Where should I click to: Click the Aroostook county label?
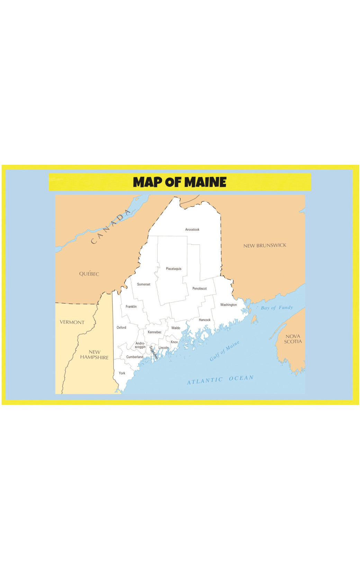192,230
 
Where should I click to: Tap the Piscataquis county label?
173,269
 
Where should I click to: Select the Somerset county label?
144,284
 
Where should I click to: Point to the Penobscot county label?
199,288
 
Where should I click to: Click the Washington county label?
228,305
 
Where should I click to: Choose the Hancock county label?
205,320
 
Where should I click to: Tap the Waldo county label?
175,328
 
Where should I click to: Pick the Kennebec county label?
154,332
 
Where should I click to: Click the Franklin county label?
131,306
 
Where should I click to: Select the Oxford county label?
121,328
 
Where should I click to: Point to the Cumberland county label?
135,357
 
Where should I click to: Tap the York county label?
122,373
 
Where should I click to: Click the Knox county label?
174,342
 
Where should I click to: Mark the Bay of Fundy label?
277,308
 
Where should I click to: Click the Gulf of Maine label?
224,351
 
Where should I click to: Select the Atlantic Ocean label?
220,380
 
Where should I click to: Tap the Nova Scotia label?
293,339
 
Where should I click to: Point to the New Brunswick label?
265,246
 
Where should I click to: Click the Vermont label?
72,322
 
